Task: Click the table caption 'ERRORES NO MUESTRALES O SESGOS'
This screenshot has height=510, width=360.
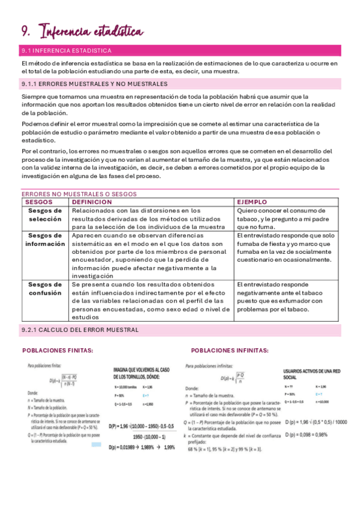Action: pos(79,194)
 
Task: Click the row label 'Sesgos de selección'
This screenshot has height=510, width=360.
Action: pos(44,215)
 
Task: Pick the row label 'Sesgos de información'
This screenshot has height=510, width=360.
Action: pos(44,240)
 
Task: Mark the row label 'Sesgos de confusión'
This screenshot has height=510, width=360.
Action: pos(44,289)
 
